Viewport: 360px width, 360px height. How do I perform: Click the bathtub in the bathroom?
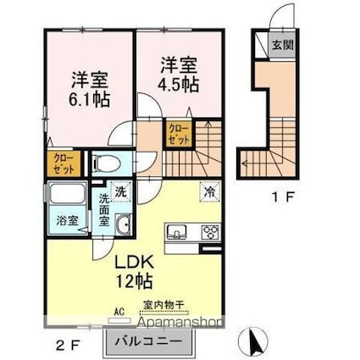click(x=69, y=196)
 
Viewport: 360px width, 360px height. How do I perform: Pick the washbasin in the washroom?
click(x=122, y=225)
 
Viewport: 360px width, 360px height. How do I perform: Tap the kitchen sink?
click(x=178, y=231)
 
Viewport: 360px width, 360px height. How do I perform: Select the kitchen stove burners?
click(x=208, y=232)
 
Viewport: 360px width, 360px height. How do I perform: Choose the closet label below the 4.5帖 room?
click(x=180, y=134)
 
